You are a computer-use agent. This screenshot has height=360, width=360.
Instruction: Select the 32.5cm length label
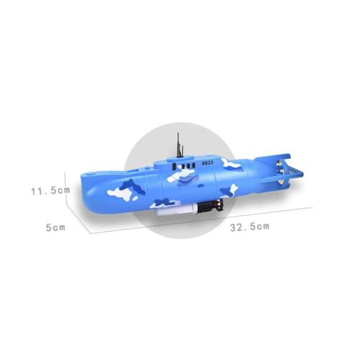[249, 227]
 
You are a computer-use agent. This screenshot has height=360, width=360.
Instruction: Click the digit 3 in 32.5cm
[233, 227]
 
